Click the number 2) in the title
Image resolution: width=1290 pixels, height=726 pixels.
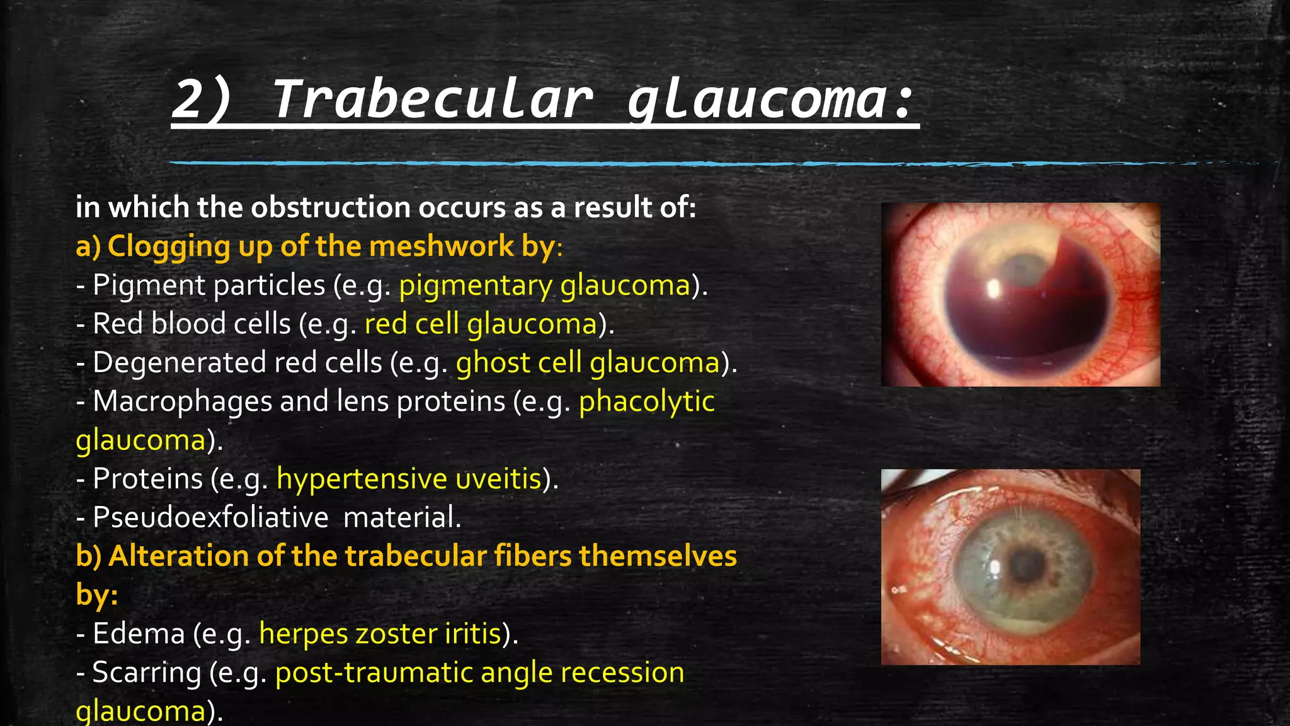(x=202, y=99)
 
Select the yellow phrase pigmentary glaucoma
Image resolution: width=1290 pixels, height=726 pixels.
(x=545, y=285)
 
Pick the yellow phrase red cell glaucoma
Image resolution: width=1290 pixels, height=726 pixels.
(x=481, y=324)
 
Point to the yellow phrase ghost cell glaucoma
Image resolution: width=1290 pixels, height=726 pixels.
(x=588, y=363)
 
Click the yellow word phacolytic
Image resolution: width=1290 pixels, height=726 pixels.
(x=646, y=401)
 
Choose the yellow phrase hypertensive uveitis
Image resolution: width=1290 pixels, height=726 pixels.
(x=409, y=479)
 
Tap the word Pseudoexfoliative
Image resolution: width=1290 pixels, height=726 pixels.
(x=210, y=517)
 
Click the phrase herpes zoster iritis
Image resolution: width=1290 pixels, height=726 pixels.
(x=380, y=633)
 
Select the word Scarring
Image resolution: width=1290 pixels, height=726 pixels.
(x=147, y=672)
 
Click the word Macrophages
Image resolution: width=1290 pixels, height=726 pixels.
(x=182, y=401)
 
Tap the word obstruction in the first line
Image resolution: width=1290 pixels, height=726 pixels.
(x=331, y=207)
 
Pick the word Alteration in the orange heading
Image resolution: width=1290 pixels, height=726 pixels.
(x=178, y=556)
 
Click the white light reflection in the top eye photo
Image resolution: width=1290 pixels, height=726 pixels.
(x=994, y=289)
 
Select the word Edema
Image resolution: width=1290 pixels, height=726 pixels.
(x=139, y=633)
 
